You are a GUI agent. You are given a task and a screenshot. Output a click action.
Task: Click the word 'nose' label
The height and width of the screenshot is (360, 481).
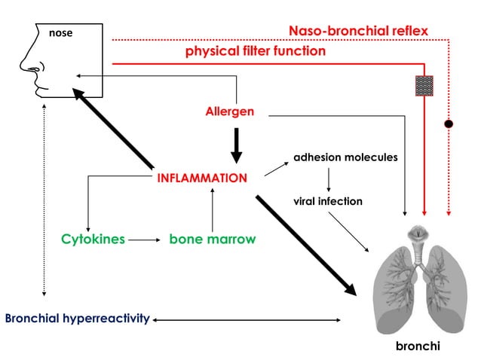(x=60, y=33)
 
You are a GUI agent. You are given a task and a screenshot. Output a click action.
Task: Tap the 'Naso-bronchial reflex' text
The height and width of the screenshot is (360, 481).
(x=358, y=31)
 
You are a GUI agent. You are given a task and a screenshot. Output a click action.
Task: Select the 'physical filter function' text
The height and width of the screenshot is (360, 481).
(x=256, y=51)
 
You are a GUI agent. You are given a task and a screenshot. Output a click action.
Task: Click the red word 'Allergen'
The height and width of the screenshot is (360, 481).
(x=230, y=111)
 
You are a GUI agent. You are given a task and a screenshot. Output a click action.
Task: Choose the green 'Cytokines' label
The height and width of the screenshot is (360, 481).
(x=93, y=239)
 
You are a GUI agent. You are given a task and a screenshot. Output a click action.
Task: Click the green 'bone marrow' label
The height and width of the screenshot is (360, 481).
(x=212, y=239)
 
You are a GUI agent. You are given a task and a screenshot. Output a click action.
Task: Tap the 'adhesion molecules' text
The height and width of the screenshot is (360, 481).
(x=345, y=158)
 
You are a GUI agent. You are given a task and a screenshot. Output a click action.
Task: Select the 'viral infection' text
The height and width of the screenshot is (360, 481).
(x=328, y=201)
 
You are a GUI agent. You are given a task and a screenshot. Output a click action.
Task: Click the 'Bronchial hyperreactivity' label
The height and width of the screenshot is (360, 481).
(x=76, y=319)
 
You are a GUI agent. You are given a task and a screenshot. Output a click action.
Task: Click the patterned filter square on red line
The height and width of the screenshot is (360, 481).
(x=424, y=84)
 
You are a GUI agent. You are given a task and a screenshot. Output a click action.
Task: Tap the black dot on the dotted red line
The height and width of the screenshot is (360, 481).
(x=449, y=123)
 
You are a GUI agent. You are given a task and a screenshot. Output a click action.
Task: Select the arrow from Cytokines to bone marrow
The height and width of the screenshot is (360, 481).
(x=145, y=240)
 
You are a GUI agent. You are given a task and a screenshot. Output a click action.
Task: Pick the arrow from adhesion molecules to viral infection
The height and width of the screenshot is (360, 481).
(x=329, y=180)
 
